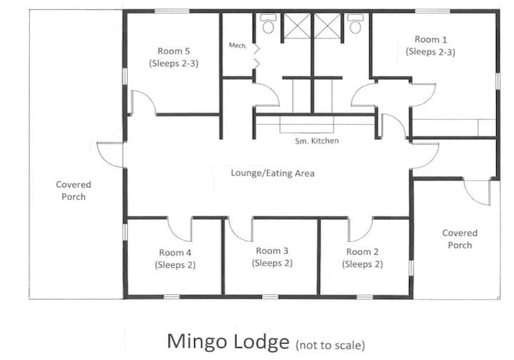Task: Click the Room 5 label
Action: coord(174,56)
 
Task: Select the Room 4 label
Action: coord(175,259)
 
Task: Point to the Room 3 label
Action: coord(272,256)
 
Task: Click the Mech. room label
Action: coord(237,46)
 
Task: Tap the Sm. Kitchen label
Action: coord(317,141)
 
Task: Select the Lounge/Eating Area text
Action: coord(272,173)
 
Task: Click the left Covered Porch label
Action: coord(74,191)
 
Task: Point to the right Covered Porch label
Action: coord(460,239)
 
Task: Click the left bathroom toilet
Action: coord(268,25)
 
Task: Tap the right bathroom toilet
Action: coord(355,25)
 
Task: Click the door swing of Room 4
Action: coord(180,229)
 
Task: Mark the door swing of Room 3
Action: coord(241,230)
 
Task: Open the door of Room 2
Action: coord(359,229)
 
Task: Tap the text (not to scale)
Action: coord(329,344)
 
